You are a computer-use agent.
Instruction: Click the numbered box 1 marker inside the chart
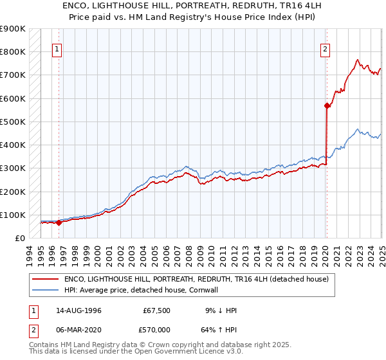(57, 48)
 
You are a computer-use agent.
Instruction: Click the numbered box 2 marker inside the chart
(326, 48)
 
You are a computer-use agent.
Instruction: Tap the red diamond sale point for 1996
(59, 223)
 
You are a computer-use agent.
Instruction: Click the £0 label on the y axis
(19, 238)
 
